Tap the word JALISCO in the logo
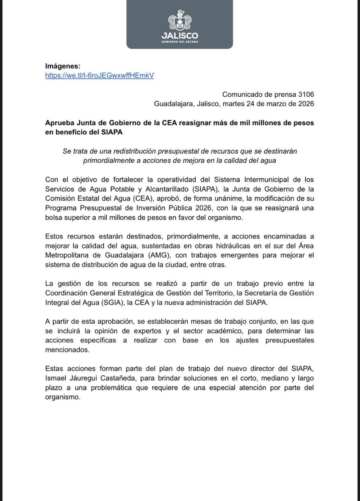point(180,36)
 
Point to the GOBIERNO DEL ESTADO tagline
point(180,42)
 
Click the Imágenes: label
point(63,66)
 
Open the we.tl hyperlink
point(99,75)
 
